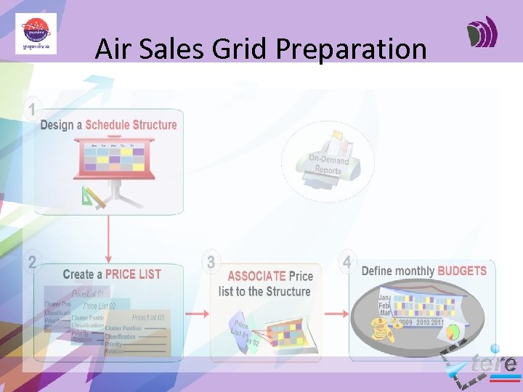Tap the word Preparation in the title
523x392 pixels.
(x=351, y=49)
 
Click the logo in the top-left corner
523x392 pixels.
(x=36, y=34)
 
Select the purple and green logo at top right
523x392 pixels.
(x=482, y=33)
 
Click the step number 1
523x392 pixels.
(x=31, y=110)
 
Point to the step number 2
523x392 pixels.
(x=31, y=263)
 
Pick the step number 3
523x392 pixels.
(x=211, y=262)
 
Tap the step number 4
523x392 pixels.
(x=347, y=261)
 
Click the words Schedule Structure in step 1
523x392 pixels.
(x=131, y=125)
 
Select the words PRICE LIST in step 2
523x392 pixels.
(x=133, y=274)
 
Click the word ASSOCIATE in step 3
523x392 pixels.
(x=256, y=276)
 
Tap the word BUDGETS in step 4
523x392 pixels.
(x=462, y=271)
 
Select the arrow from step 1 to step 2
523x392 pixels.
(x=108, y=240)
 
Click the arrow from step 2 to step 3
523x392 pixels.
(x=196, y=314)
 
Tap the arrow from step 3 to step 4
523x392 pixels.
(x=335, y=314)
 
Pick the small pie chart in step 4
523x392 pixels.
(x=453, y=333)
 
